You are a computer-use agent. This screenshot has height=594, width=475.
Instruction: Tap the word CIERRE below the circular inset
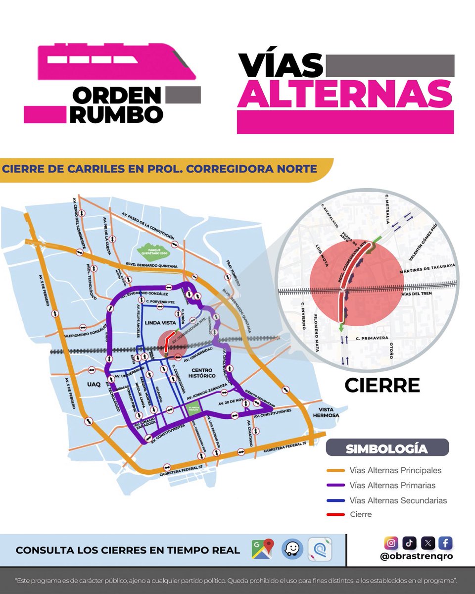point(382,385)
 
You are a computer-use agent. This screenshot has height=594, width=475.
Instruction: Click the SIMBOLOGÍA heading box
point(387,448)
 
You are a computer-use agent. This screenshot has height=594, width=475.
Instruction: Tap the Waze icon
point(291,549)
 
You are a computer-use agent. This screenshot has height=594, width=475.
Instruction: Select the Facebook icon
point(445,543)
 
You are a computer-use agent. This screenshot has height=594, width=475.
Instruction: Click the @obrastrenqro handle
point(417,556)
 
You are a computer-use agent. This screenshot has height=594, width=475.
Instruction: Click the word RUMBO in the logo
point(117,114)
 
